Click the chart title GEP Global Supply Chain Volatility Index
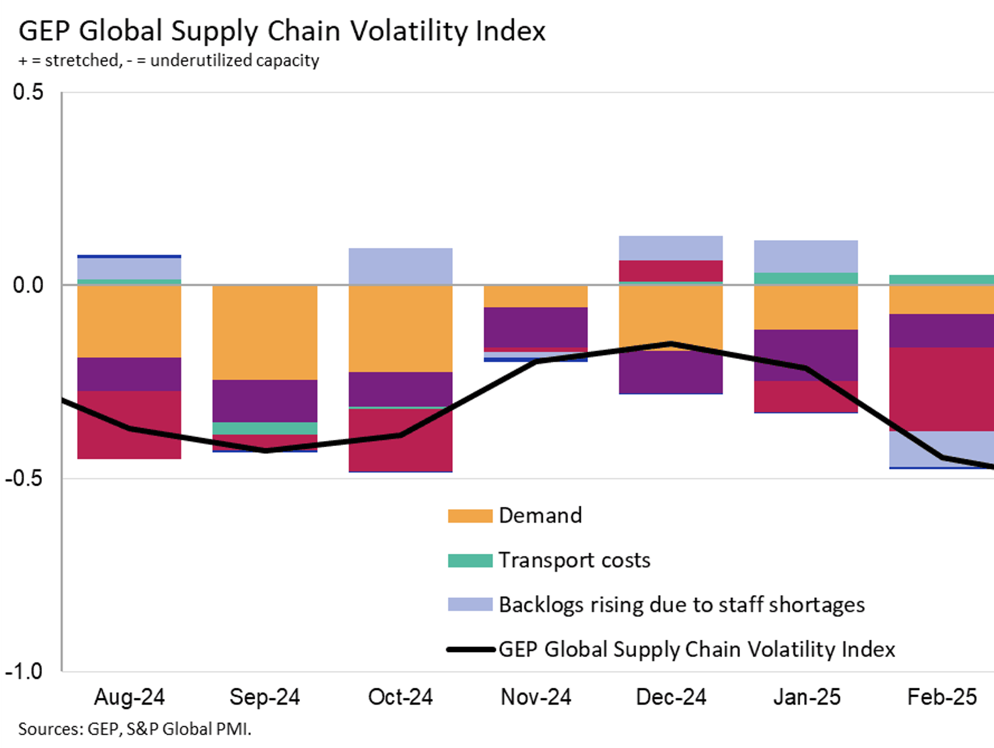tap(282, 31)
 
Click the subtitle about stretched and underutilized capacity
tap(168, 60)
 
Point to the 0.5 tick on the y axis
tap(28, 92)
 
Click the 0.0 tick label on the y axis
tap(28, 285)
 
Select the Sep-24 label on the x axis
tap(265, 697)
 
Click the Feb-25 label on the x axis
tap(942, 697)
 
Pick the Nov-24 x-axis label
tap(536, 697)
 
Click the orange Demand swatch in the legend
tap(470, 516)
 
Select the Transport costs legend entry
tap(574, 560)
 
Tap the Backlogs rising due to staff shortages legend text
tap(681, 605)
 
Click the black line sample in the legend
tap(470, 650)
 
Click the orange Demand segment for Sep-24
tap(265, 332)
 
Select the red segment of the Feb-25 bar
tap(942, 389)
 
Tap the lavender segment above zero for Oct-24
tap(400, 266)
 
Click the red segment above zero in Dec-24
tap(670, 271)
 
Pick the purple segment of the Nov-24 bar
tap(536, 327)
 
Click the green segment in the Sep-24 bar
tap(265, 428)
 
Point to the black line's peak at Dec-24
tap(671, 343)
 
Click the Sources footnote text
tap(135, 729)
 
